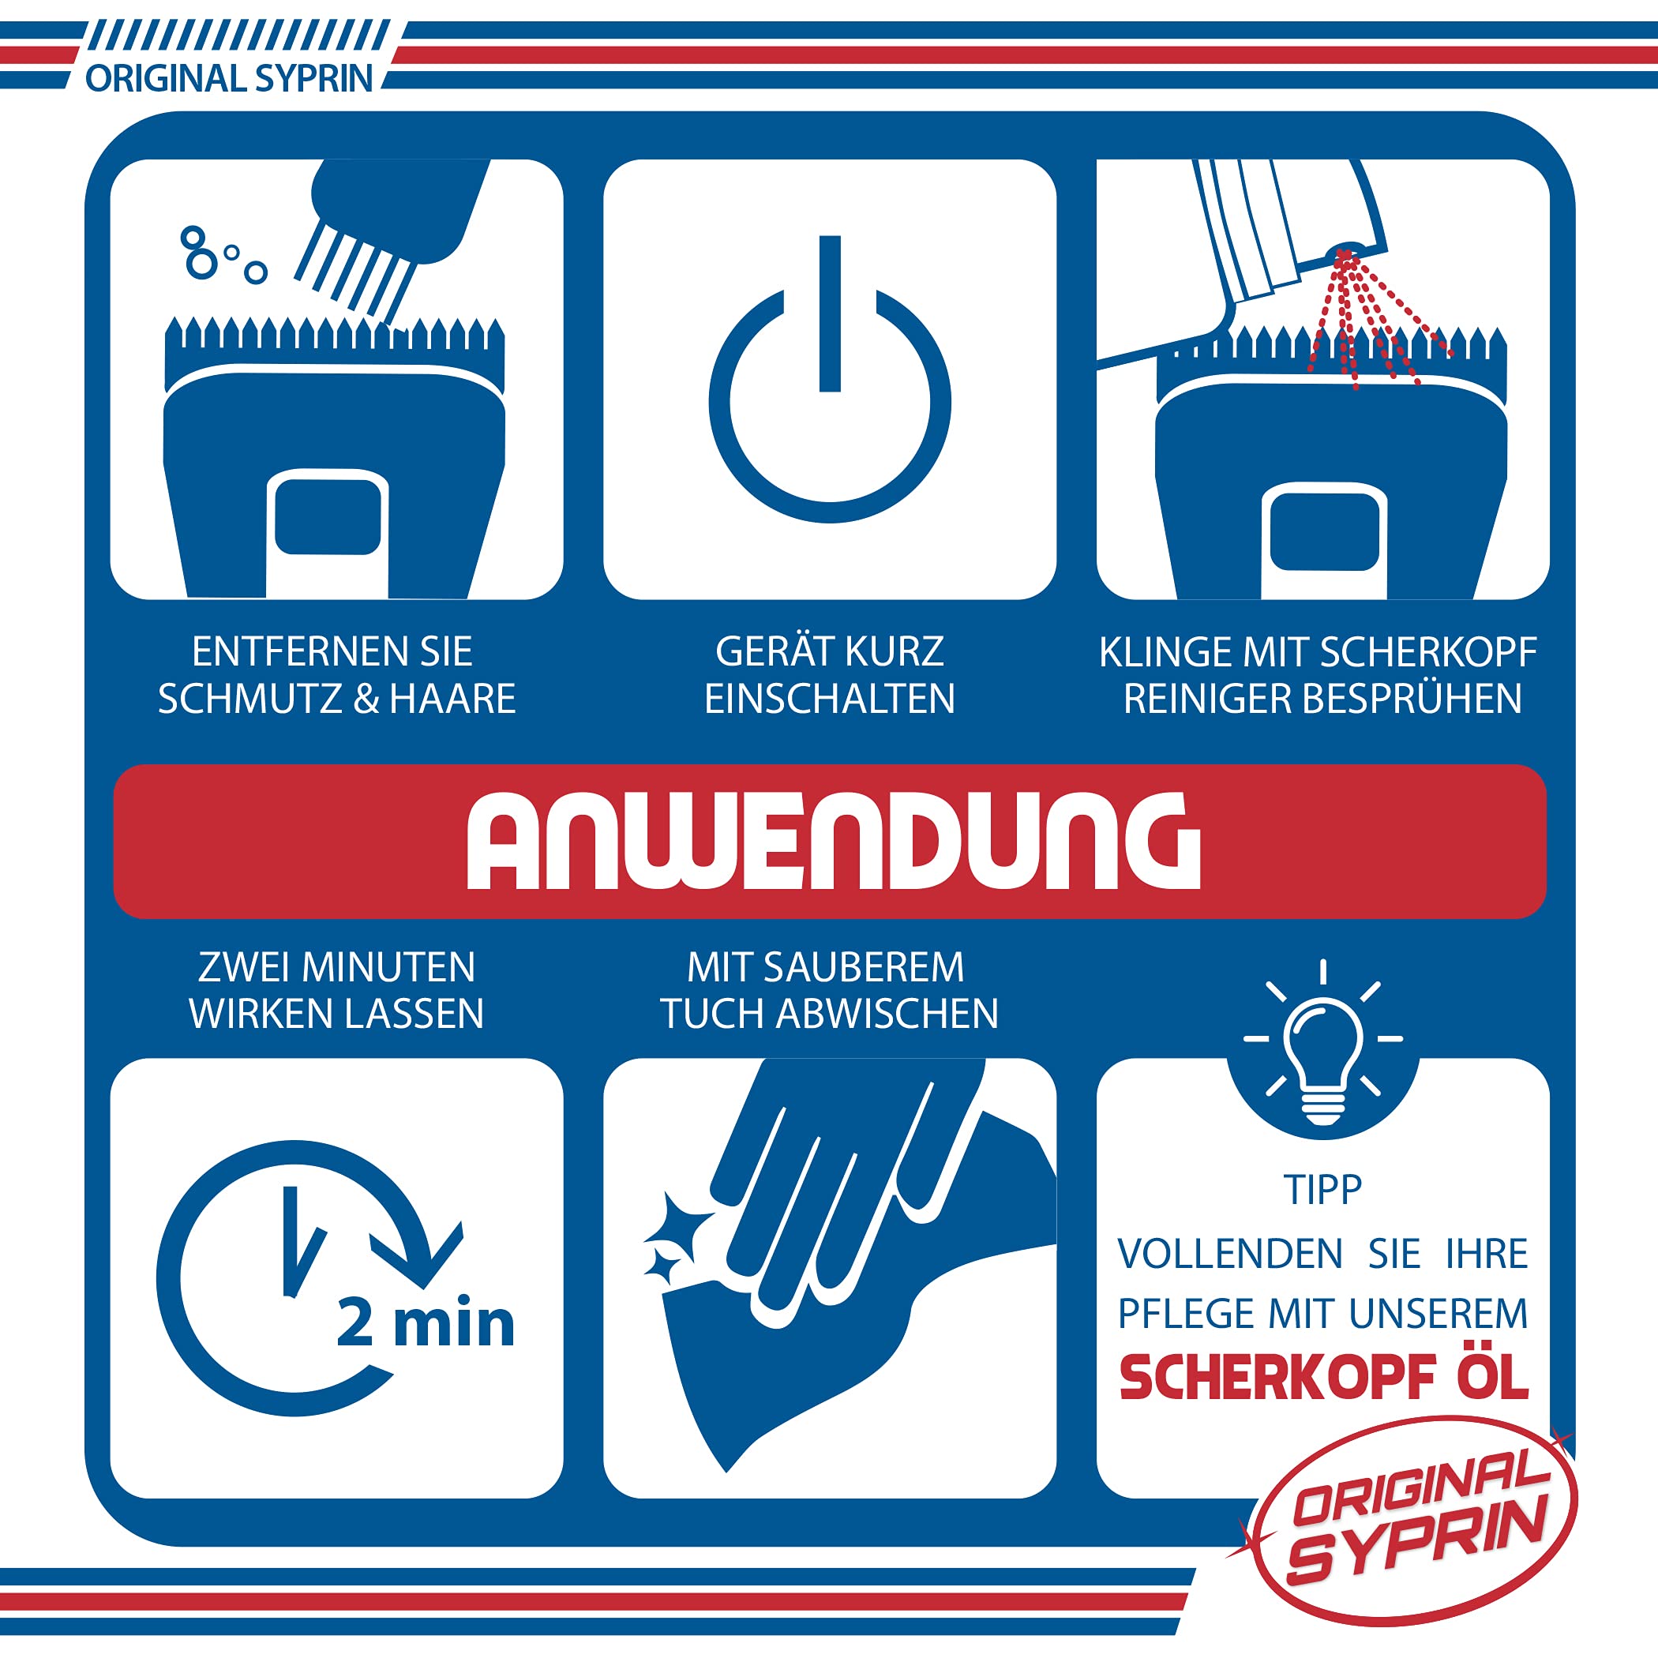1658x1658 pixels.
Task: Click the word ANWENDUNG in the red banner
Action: (x=832, y=840)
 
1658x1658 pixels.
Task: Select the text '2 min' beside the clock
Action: (x=426, y=1323)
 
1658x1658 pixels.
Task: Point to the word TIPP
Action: (x=1322, y=1191)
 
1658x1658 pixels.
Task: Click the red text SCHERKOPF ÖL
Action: (x=1323, y=1378)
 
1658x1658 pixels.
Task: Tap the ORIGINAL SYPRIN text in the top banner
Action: (x=228, y=78)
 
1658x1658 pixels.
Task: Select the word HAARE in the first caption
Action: (x=452, y=699)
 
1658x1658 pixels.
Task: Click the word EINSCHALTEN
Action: (x=830, y=699)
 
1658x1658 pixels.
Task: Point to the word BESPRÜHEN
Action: (x=1412, y=699)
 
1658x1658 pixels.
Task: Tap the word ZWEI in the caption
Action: (x=244, y=967)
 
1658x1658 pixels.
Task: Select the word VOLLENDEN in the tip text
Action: (x=1230, y=1255)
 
